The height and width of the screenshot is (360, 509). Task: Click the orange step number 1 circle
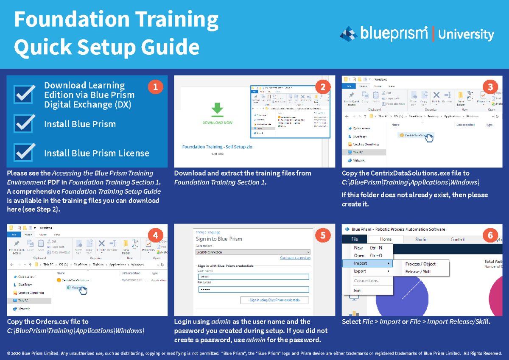coord(155,87)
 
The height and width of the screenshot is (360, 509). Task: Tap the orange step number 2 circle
coord(323,87)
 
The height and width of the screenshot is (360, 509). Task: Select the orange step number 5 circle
coord(323,235)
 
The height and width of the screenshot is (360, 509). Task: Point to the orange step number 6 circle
coord(490,234)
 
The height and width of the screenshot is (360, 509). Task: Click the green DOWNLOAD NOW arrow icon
coord(218,109)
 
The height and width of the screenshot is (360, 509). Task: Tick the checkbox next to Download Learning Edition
coord(24,94)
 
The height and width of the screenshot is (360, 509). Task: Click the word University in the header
coord(466,34)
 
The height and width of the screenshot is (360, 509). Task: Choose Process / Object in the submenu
coord(420,264)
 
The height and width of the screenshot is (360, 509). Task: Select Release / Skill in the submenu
coord(418,271)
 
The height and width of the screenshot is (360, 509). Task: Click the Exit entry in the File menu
coord(357,290)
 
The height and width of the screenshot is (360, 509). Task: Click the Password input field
coord(253,289)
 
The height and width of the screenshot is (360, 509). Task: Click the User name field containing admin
coord(253,276)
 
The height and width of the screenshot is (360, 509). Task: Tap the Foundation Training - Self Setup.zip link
coord(217,147)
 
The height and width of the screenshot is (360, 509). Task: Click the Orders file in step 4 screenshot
coord(75,288)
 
